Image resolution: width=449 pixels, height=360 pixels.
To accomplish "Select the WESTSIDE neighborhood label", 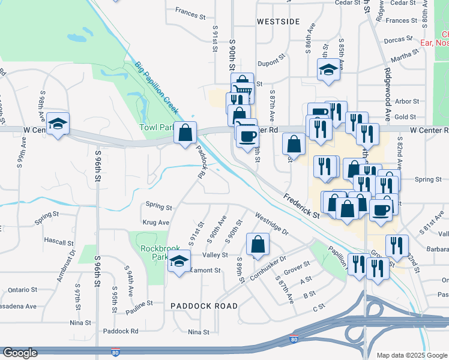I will [x=278, y=22].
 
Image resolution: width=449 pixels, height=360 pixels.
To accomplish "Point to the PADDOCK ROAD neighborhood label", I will [x=203, y=305].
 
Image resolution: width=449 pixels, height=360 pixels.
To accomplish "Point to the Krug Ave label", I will [x=154, y=222].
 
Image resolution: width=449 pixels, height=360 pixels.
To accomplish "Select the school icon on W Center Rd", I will [x=58, y=124].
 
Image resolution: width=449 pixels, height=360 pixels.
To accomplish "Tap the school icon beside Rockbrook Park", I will [x=178, y=262].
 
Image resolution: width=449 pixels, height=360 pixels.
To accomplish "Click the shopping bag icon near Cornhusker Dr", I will [x=258, y=244].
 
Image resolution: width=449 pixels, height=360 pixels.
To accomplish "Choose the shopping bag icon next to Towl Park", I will [x=185, y=131].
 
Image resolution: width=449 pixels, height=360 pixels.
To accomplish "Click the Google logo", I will [x=21, y=353].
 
